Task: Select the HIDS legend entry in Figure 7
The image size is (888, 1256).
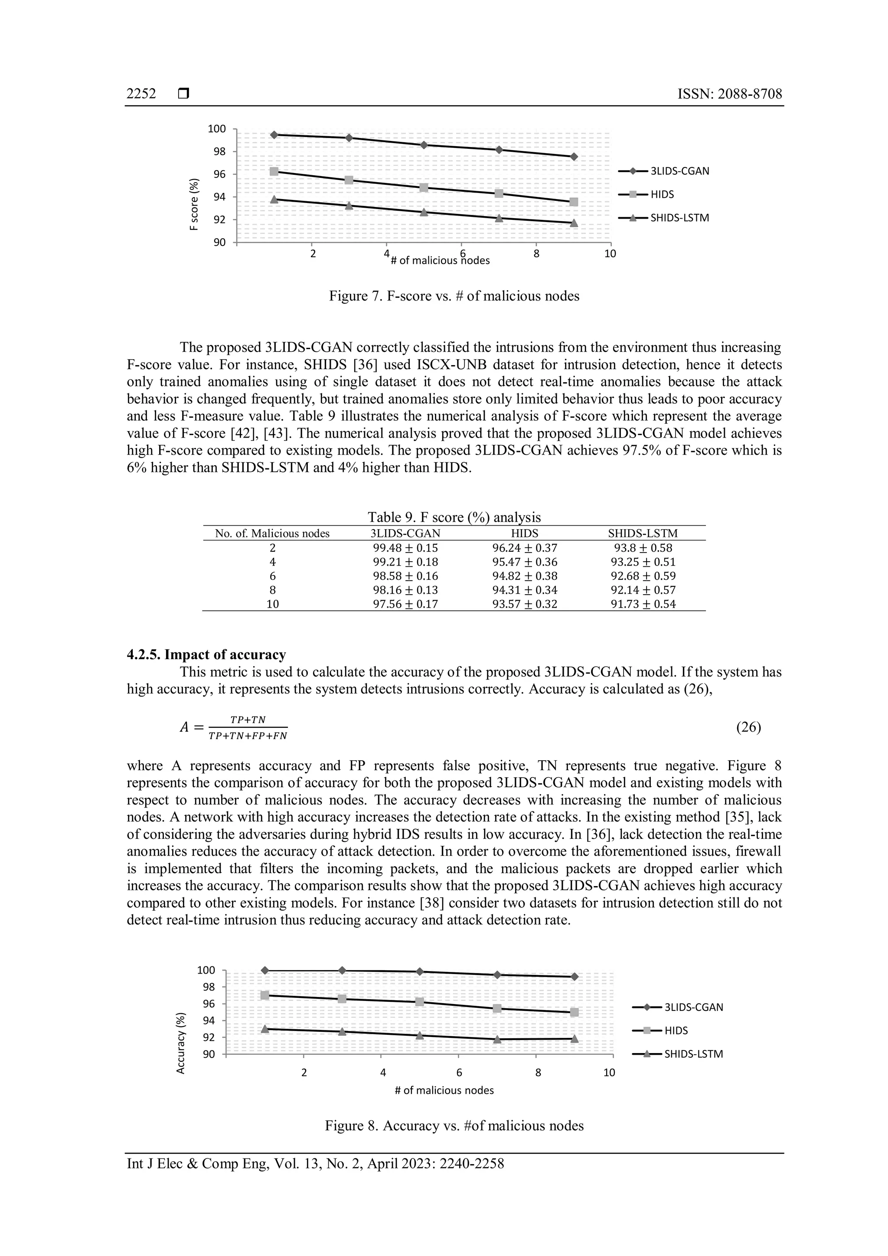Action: (x=662, y=194)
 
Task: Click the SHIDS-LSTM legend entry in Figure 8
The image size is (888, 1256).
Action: (x=693, y=1054)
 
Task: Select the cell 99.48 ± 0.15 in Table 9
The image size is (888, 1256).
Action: (x=405, y=548)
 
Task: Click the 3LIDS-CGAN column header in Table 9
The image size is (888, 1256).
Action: (x=405, y=533)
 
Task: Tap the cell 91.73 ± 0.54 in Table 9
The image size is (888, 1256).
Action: (x=643, y=604)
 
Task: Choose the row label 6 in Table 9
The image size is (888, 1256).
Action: (x=272, y=576)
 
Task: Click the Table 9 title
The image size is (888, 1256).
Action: (x=454, y=517)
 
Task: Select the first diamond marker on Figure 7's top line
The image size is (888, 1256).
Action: (x=274, y=134)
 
